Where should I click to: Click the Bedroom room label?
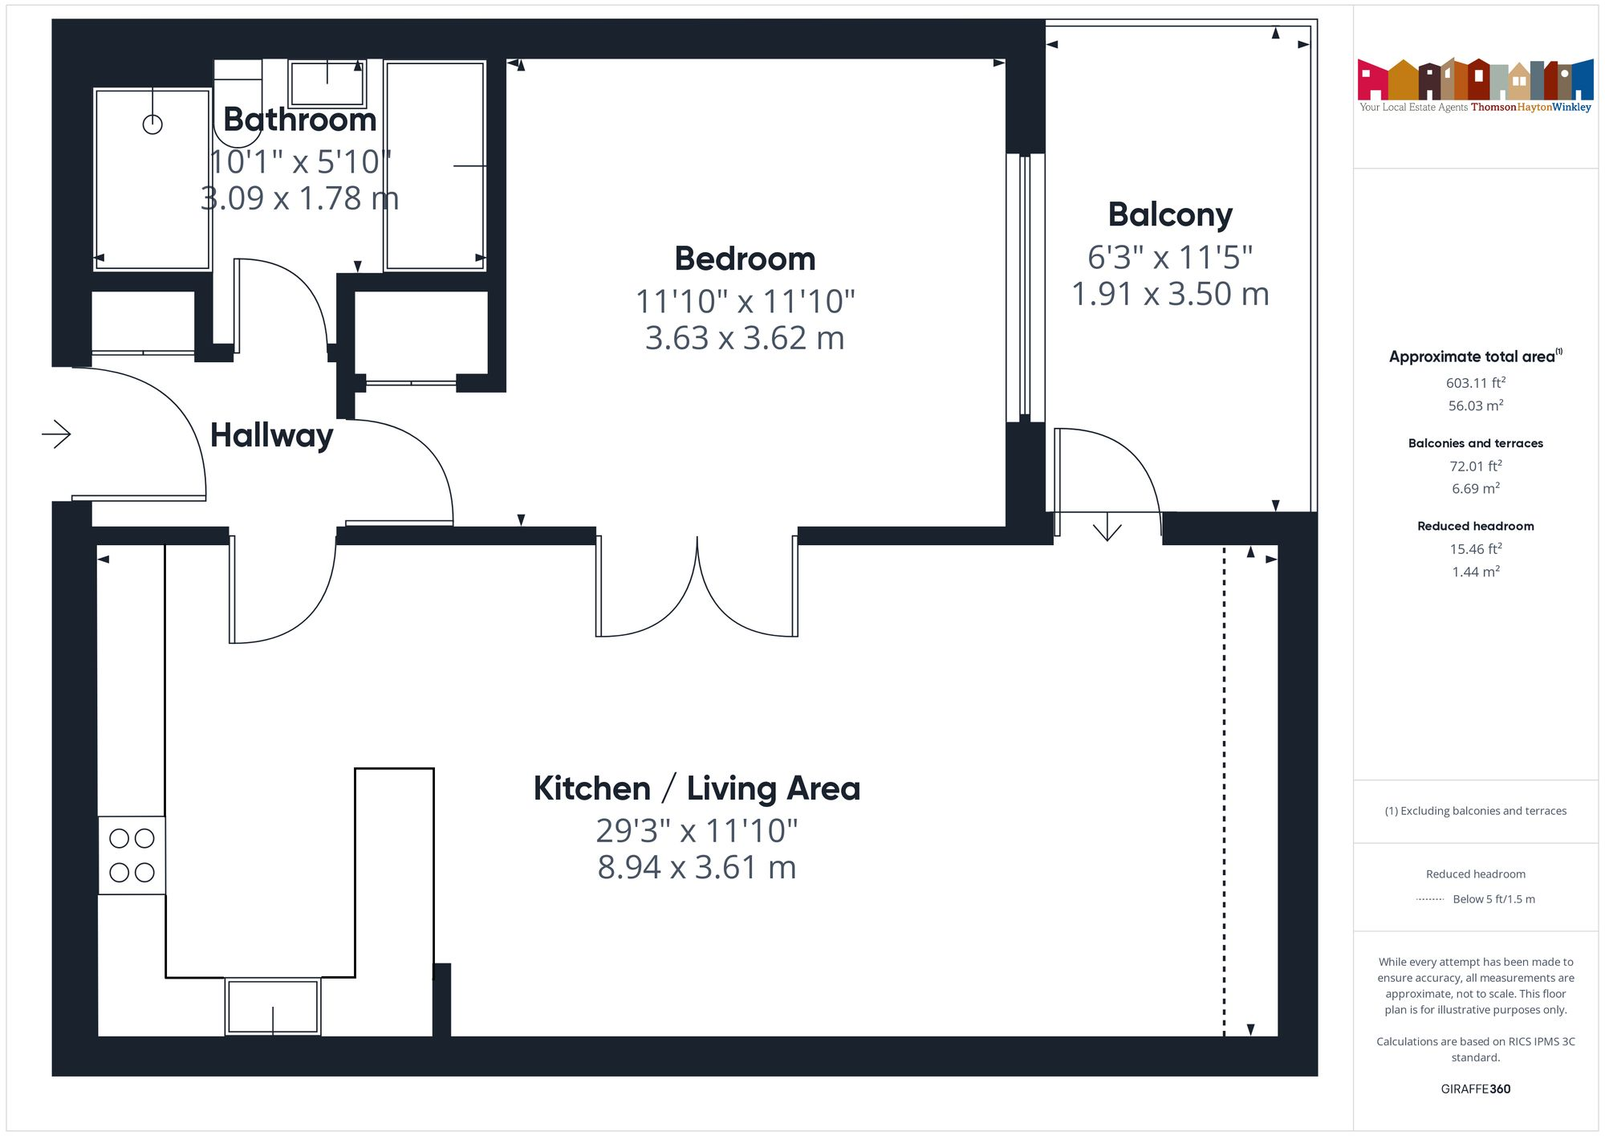tap(745, 259)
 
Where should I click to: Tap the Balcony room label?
tap(1170, 215)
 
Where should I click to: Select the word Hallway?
tap(271, 435)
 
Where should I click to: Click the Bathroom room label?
tap(299, 120)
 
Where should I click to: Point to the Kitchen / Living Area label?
tap(697, 788)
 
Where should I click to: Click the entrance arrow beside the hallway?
tap(57, 434)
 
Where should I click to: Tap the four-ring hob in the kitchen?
tap(132, 855)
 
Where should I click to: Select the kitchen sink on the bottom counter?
tap(273, 1006)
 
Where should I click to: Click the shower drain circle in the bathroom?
tap(152, 124)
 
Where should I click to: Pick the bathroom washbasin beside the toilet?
tap(327, 82)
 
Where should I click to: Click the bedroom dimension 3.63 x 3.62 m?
tap(745, 338)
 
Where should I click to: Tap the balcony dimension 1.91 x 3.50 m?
tap(1170, 294)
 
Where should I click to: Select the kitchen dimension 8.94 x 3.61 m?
tap(697, 867)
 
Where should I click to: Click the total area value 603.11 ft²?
tap(1475, 383)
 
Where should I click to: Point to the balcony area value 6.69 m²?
tap(1475, 488)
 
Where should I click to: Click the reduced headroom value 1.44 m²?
tap(1475, 572)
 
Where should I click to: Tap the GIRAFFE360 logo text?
tap(1475, 1089)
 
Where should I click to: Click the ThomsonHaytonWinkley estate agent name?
tap(1530, 107)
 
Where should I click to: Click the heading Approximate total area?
tap(1472, 357)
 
